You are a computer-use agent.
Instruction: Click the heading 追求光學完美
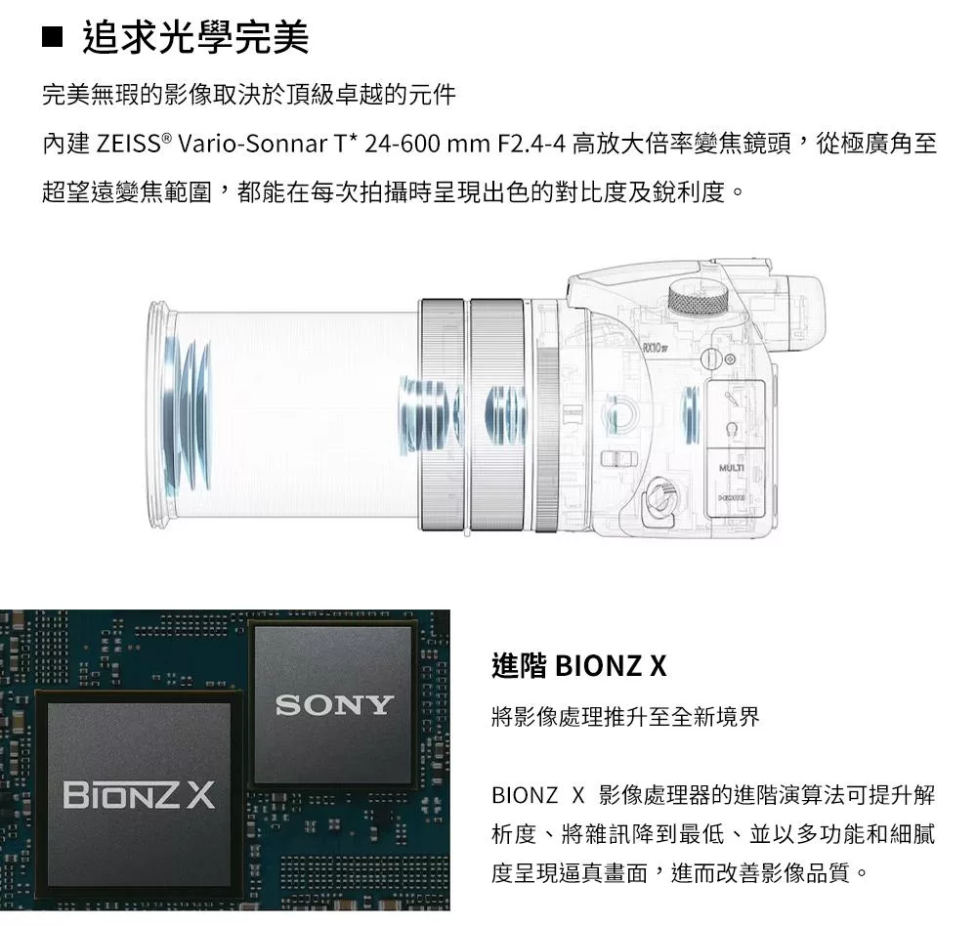pos(195,39)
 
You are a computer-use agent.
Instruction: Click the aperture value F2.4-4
pos(531,145)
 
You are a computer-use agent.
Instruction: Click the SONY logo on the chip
pos(334,704)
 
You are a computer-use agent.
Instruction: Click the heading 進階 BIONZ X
pos(578,666)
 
